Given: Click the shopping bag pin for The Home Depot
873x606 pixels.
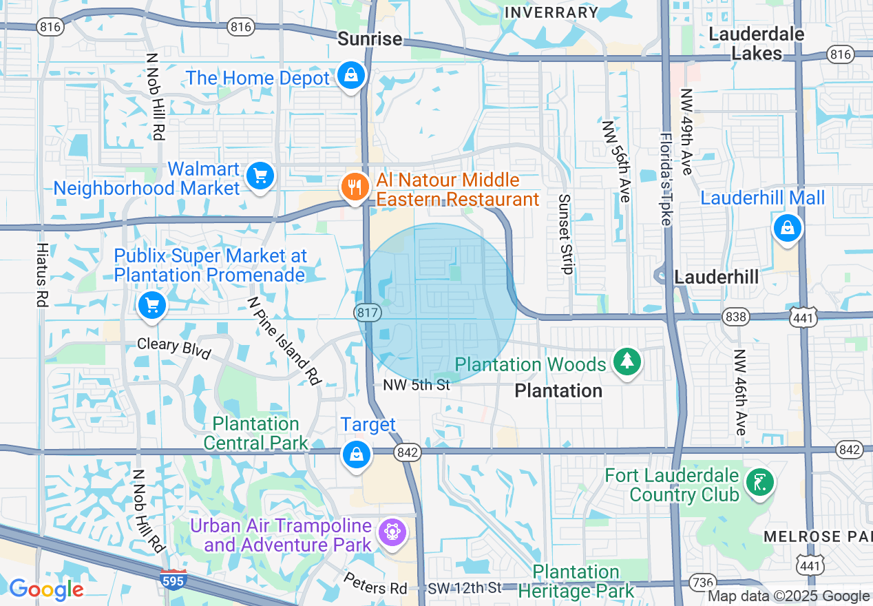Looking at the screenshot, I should tap(351, 75).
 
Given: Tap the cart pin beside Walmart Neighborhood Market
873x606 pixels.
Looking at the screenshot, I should tap(260, 176).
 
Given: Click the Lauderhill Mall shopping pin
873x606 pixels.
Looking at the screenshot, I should tap(786, 227).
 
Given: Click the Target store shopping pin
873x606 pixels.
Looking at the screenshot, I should tap(356, 454).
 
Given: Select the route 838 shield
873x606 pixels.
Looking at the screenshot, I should tap(736, 317).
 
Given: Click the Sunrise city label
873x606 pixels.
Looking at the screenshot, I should tap(370, 39).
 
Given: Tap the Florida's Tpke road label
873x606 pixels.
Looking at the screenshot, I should tap(669, 179).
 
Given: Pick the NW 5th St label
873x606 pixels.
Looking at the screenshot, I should tap(417, 385).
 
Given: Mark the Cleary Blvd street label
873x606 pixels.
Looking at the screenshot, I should tap(173, 347).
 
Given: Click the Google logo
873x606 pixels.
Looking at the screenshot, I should tap(46, 589).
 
